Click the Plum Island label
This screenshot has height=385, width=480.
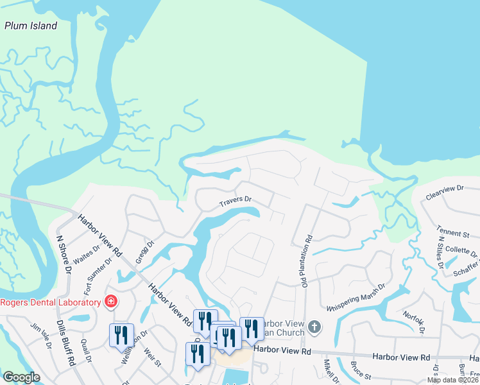31,26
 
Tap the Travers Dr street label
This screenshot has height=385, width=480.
234,202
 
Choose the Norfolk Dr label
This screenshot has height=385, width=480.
414,322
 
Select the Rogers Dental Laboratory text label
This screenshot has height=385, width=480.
51,302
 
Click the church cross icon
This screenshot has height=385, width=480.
314,327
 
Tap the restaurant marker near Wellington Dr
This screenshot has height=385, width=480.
121,335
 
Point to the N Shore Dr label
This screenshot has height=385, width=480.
64,255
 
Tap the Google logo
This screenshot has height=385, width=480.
22,377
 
